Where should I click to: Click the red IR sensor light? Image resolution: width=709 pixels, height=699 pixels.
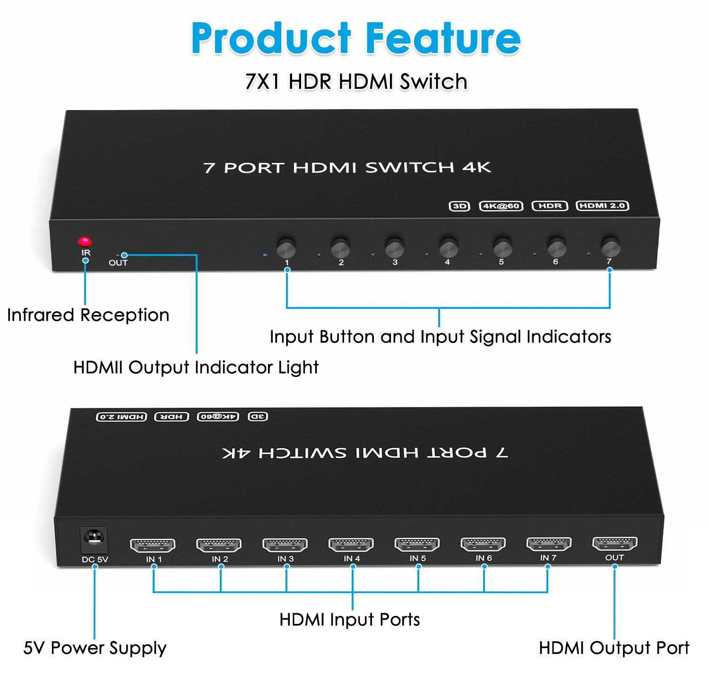85,242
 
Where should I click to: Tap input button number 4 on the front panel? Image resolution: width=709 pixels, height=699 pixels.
448,247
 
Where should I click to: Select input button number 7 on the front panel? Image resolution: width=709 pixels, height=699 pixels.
610,247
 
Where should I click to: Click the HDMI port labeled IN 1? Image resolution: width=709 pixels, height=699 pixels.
153,546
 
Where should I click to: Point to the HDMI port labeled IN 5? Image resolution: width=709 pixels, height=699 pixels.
417,545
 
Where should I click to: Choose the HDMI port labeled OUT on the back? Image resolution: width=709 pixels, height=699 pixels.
614,544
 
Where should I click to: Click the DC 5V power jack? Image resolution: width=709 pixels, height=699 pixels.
94,539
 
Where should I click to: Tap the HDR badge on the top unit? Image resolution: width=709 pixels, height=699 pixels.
550,206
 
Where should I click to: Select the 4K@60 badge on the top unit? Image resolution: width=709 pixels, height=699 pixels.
501,206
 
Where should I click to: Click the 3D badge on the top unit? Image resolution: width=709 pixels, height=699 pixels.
459,206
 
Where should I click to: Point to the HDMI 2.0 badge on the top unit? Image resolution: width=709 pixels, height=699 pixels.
602,205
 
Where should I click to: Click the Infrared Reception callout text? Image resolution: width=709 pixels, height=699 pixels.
88,315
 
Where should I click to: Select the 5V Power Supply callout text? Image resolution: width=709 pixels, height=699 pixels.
95,648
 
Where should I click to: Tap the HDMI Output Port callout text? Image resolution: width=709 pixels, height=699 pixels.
614,648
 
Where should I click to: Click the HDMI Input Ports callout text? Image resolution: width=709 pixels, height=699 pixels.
349,620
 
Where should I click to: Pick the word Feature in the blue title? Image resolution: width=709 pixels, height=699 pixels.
443,39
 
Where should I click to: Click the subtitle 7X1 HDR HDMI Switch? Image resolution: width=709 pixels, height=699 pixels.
356,82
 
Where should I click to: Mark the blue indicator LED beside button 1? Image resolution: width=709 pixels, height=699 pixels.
265,255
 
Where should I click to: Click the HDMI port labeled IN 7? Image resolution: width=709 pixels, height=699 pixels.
549,544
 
